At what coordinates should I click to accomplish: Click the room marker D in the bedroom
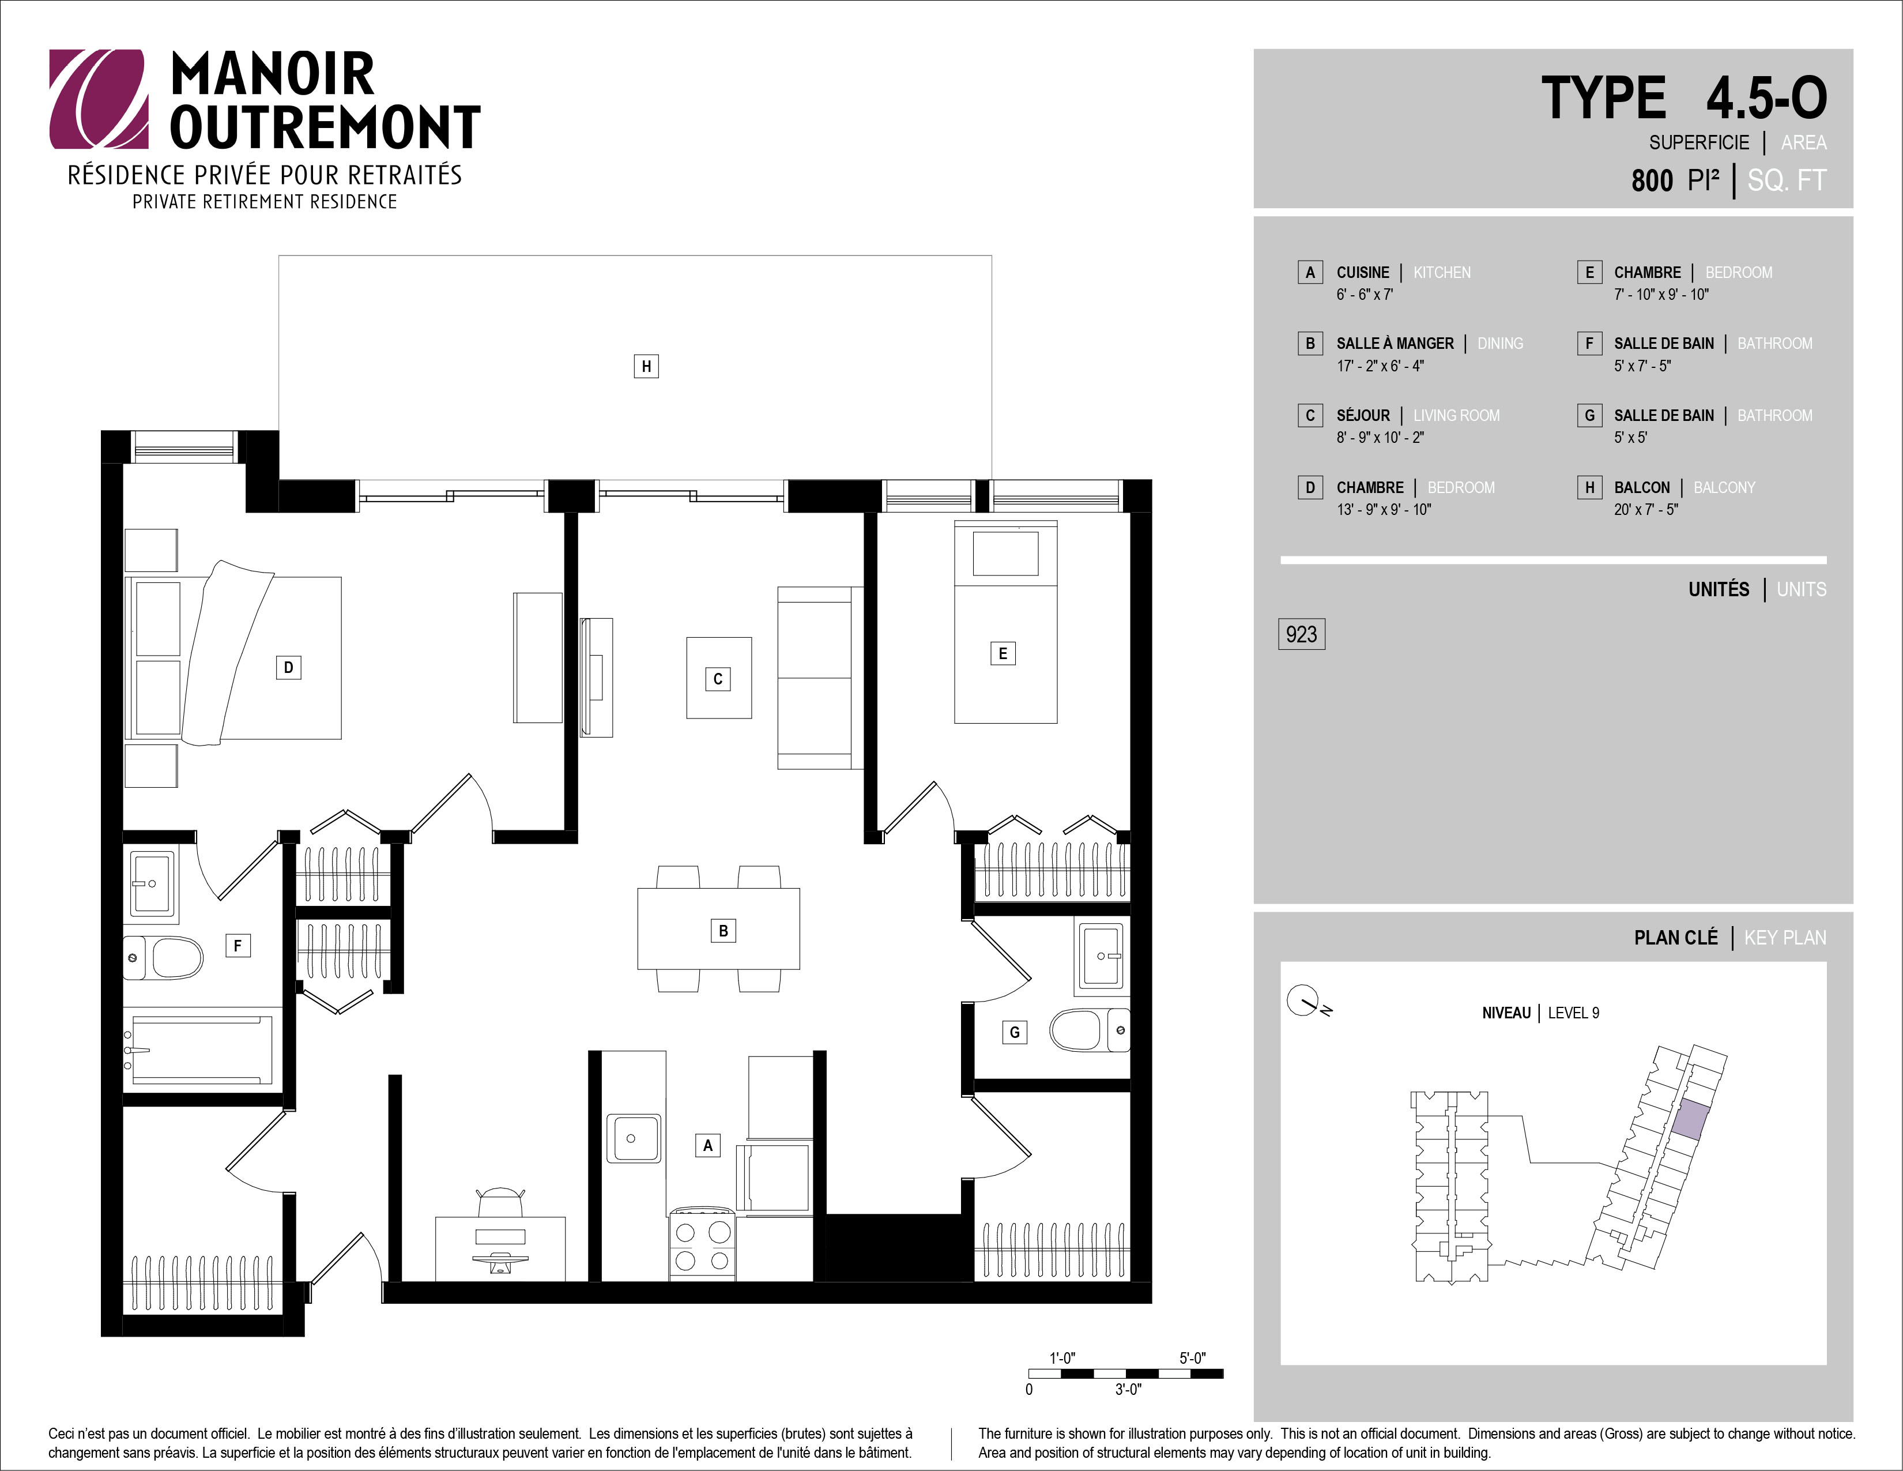[288, 668]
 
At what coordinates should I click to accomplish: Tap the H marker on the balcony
[646, 366]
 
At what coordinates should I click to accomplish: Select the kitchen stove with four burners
[702, 1244]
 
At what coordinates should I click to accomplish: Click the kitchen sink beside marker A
[632, 1137]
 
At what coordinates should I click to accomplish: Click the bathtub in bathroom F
[202, 1049]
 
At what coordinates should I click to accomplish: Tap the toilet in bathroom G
[1089, 1030]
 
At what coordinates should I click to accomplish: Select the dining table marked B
[719, 929]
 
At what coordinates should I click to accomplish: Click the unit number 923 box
[1301, 634]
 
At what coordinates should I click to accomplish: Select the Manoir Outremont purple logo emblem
[99, 99]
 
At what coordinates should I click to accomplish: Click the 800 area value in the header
[1652, 180]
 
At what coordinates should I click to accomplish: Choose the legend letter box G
[1589, 416]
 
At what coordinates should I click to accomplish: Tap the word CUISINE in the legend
[1363, 273]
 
